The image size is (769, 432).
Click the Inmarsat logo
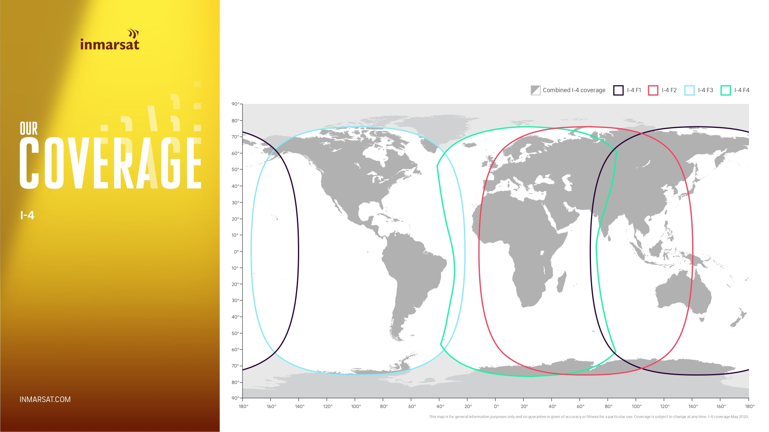110,40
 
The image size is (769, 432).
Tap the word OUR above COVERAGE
29,129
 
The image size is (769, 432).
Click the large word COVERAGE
110,163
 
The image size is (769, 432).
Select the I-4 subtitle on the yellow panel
27,215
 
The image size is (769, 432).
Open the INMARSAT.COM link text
45,399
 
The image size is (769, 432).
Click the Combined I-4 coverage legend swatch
536,90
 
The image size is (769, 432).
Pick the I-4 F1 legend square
618,90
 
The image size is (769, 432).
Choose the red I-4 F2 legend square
653,90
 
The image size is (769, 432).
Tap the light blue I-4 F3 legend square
689,90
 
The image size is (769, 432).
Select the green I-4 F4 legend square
726,90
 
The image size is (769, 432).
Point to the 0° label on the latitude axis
236,252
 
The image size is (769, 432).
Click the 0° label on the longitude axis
496,406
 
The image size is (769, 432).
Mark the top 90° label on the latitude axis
235,104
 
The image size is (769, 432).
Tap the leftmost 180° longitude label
243,406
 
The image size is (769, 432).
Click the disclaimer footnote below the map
589,417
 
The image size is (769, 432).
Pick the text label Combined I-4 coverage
574,90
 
